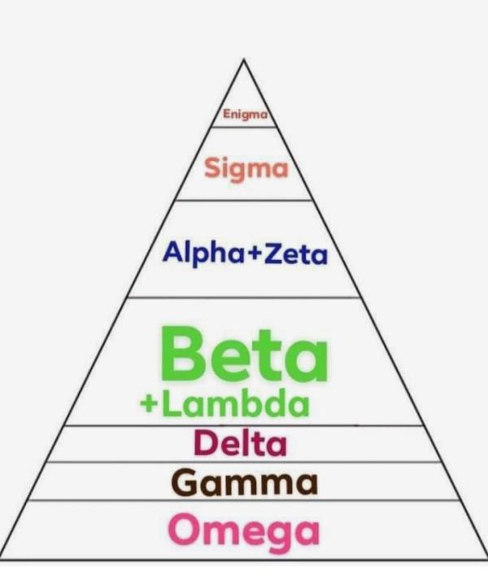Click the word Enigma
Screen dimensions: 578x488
click(245, 116)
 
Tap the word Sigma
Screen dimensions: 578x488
click(246, 169)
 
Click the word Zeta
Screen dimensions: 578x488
click(296, 254)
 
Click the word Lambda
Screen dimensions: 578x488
click(235, 404)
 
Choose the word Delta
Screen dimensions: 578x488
click(240, 445)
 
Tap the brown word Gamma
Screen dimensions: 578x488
click(244, 483)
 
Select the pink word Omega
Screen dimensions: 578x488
click(244, 530)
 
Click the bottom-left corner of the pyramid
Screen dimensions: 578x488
click(2, 559)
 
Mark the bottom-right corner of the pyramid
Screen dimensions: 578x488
click(486, 559)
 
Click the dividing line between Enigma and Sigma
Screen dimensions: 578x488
click(244, 127)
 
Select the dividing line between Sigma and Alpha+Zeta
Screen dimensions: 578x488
click(244, 200)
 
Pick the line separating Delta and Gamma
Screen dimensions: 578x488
click(244, 463)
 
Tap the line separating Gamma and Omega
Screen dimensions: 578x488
click(244, 501)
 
